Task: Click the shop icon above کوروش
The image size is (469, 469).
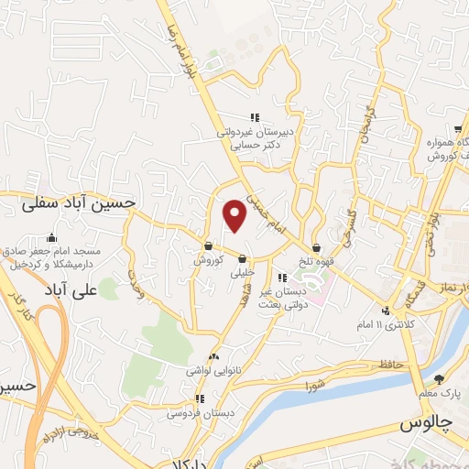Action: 209,245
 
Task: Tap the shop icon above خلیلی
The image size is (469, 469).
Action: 242,258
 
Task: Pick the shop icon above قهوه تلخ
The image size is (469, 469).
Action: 316,246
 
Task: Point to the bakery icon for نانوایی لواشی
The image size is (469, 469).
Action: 214,354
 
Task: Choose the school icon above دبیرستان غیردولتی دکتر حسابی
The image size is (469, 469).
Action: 256,116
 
